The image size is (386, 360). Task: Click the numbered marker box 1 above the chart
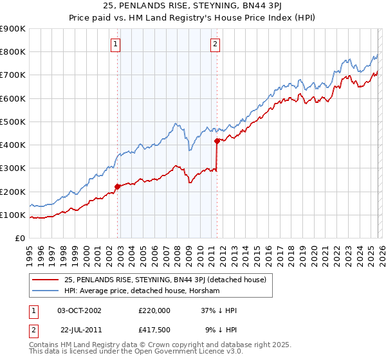point(115,44)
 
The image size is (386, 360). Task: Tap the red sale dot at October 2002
point(117,187)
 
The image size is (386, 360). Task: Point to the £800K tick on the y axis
point(13,52)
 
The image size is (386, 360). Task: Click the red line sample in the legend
point(46,279)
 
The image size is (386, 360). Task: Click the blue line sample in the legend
point(46,291)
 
